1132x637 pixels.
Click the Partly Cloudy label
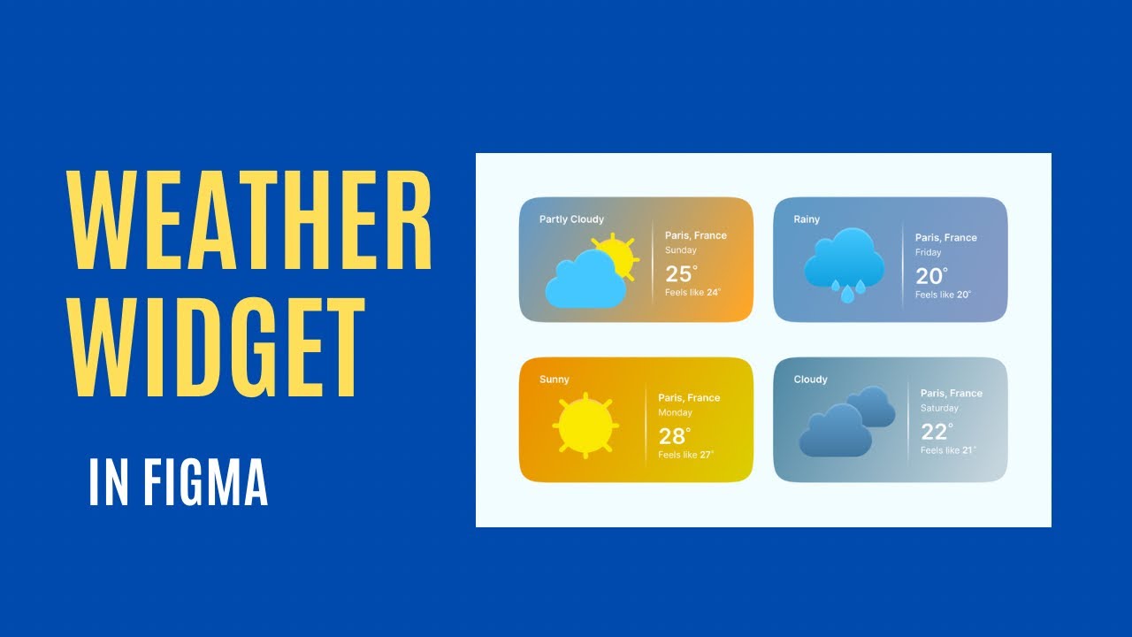(x=571, y=219)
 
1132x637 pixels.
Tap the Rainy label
(x=807, y=219)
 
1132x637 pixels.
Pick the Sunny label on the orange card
(x=555, y=380)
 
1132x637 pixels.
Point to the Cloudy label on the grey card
(x=810, y=380)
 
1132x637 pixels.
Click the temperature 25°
(x=681, y=273)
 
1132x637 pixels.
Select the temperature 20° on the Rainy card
(x=931, y=276)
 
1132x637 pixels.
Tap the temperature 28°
(x=675, y=436)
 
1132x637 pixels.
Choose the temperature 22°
(x=937, y=432)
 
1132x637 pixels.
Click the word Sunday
(x=681, y=250)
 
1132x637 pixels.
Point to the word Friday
(x=928, y=252)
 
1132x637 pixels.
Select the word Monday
(x=675, y=412)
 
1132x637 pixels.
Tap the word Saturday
(x=939, y=408)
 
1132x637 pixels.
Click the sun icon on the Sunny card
(x=585, y=425)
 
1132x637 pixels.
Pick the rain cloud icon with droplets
(x=844, y=263)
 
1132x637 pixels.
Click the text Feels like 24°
(x=692, y=292)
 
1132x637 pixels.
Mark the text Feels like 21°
(x=948, y=450)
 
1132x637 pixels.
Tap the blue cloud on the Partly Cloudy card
(x=585, y=281)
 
